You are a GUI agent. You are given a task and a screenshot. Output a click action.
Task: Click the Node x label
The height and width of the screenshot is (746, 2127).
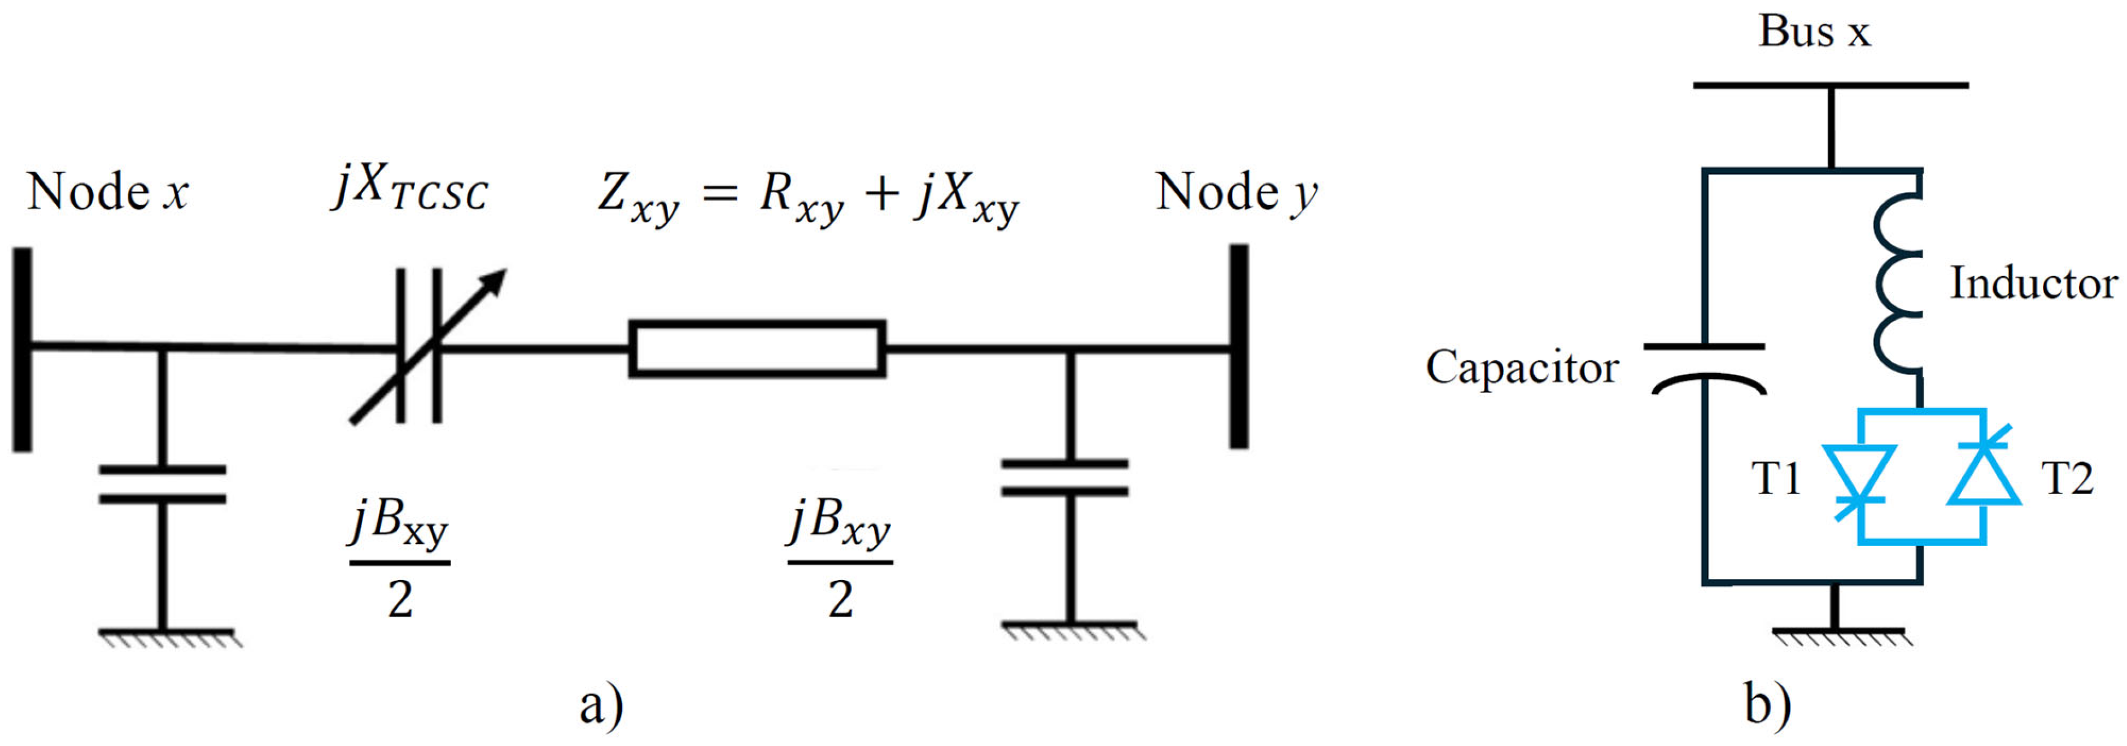coord(107,193)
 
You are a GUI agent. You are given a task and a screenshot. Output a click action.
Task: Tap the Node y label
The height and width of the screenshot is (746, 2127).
coord(1236,193)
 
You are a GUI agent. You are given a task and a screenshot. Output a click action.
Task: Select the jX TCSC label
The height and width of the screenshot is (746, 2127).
coord(410,189)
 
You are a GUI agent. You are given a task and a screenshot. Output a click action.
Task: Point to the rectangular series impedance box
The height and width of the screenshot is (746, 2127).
coord(757,348)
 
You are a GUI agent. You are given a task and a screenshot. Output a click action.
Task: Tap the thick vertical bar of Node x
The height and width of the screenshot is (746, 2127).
coord(22,350)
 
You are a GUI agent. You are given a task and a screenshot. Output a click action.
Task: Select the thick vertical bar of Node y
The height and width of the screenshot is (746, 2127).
coord(1239,347)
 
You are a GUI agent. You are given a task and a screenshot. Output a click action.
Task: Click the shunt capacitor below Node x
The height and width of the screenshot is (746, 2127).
coord(163,484)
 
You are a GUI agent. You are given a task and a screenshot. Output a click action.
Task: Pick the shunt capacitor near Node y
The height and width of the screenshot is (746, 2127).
coord(1064,478)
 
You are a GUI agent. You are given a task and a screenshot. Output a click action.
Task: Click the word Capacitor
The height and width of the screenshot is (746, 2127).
coord(1522,367)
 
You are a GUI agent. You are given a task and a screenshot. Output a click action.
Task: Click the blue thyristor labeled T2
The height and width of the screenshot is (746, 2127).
coord(1984,475)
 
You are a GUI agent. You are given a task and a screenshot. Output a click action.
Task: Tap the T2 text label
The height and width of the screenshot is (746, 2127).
coord(2067,478)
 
